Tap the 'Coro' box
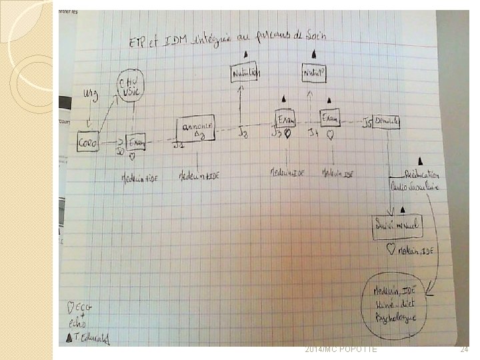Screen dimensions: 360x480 pos(87,142)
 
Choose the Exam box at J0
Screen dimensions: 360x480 pos(137,141)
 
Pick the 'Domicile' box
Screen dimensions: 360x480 pos(386,122)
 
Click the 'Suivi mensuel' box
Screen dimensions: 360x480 pos(397,225)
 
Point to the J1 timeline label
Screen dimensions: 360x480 pos(177,145)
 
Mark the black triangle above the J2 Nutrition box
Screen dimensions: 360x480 pos(246,54)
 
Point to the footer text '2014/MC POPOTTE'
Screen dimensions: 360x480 pos(341,349)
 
